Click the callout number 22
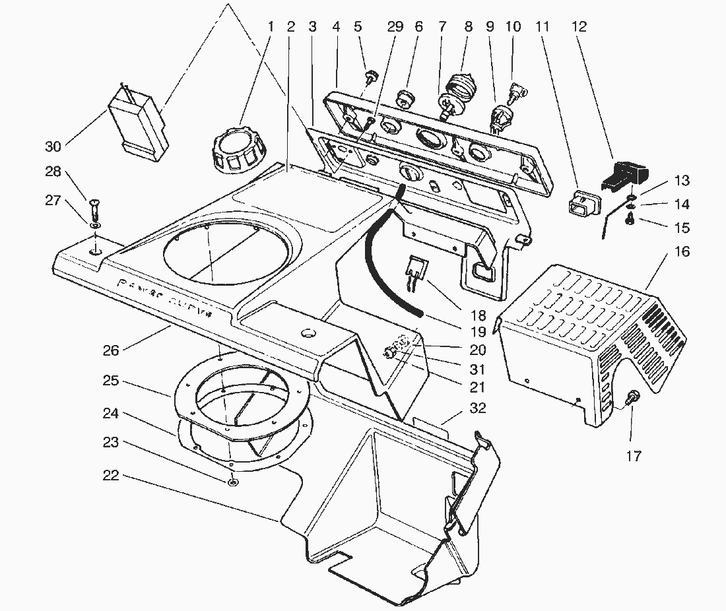(x=111, y=475)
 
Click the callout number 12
(x=578, y=27)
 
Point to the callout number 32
(x=477, y=408)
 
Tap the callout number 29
(x=395, y=27)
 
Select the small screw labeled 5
(x=371, y=78)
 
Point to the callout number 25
(x=111, y=381)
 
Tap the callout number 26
(x=111, y=350)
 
